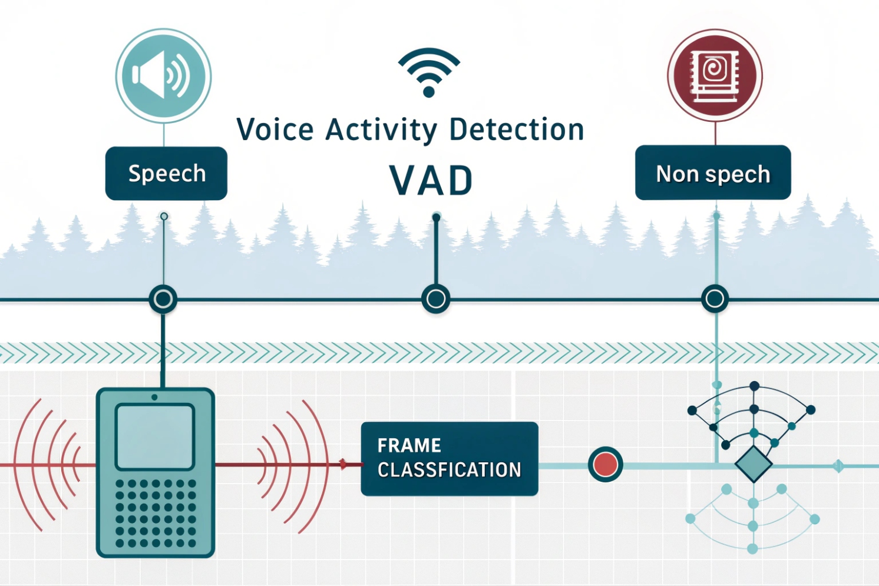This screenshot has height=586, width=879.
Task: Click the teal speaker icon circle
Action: pyautogui.click(x=163, y=76)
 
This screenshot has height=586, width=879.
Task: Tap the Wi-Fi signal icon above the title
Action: pyautogui.click(x=429, y=72)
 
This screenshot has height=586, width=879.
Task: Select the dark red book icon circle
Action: pyautogui.click(x=715, y=75)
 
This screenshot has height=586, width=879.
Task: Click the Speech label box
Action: pyautogui.click(x=166, y=174)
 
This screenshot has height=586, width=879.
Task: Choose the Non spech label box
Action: pyautogui.click(x=713, y=173)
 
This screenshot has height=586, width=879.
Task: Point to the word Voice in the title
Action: pyautogui.click(x=275, y=130)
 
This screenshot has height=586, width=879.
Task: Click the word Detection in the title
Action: pyautogui.click(x=516, y=130)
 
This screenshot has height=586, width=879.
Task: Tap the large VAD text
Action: pyautogui.click(x=431, y=181)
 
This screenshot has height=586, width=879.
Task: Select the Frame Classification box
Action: pyautogui.click(x=449, y=459)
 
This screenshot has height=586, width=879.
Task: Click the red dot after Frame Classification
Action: pyautogui.click(x=605, y=464)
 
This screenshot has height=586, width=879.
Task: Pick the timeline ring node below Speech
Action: pyautogui.click(x=163, y=299)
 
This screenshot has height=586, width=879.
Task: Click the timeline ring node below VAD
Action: pyautogui.click(x=436, y=299)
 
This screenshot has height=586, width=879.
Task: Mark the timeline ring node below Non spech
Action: pyautogui.click(x=715, y=299)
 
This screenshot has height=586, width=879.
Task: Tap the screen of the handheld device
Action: pyautogui.click(x=155, y=436)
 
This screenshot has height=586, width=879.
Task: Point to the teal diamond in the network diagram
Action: pyautogui.click(x=754, y=464)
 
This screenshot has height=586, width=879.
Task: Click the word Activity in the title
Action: pyautogui.click(x=381, y=130)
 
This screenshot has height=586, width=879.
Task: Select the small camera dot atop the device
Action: pyautogui.click(x=154, y=398)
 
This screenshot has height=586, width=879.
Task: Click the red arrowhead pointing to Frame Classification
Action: pyautogui.click(x=343, y=464)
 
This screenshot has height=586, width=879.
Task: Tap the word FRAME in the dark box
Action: pyautogui.click(x=409, y=445)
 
